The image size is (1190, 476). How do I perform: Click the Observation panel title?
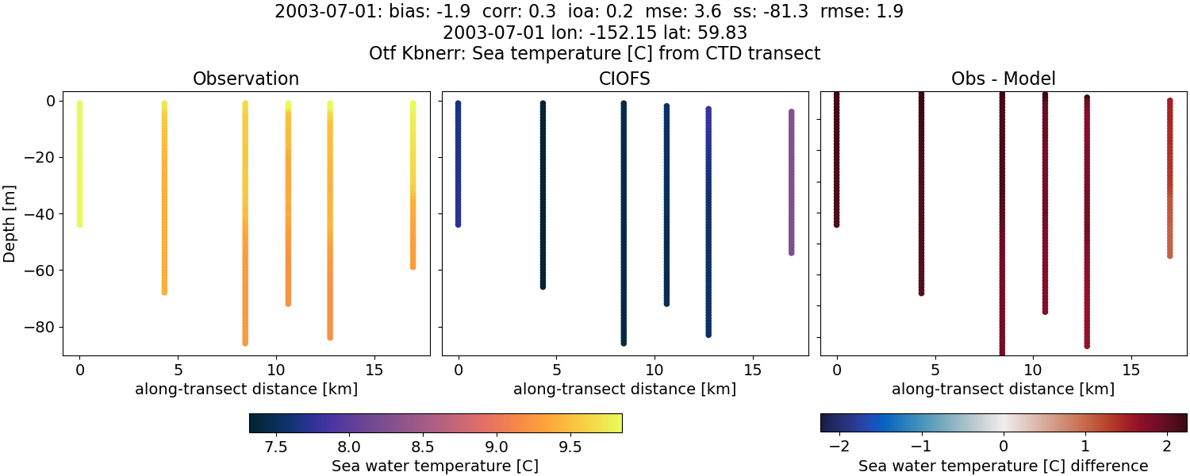click(246, 79)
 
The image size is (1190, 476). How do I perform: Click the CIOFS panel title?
click(624, 79)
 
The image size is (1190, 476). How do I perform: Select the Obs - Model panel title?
click(1003, 79)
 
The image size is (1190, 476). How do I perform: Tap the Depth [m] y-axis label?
click(10, 224)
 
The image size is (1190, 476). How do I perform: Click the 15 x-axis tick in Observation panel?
click(374, 370)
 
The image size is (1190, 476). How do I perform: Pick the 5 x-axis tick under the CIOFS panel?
click(556, 370)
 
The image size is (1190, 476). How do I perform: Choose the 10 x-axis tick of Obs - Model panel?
click(1033, 370)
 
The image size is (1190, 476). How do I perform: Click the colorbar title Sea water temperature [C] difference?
click(1003, 466)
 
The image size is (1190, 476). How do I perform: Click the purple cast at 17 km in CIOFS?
click(791, 182)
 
